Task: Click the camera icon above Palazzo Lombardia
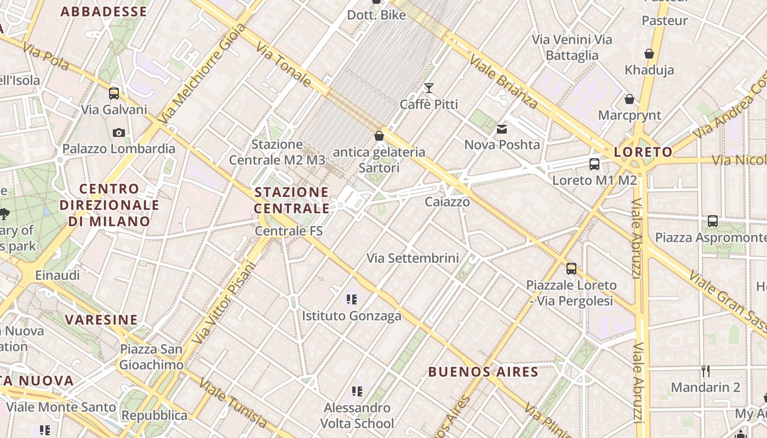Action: pyautogui.click(x=118, y=132)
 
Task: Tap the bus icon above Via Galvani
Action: pyautogui.click(x=114, y=93)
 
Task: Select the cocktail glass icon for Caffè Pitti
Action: pyautogui.click(x=429, y=88)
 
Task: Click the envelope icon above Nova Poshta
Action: pyautogui.click(x=502, y=129)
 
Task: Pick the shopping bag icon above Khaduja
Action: pyautogui.click(x=649, y=54)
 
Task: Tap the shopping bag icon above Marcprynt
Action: pyautogui.click(x=629, y=99)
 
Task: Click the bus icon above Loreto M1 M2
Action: pyautogui.click(x=594, y=164)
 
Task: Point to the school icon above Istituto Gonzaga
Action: pyautogui.click(x=352, y=299)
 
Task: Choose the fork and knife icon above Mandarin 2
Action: pyautogui.click(x=706, y=371)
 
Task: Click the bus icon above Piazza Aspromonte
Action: pyautogui.click(x=713, y=221)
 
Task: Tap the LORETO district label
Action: pyautogui.click(x=643, y=152)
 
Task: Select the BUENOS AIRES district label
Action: pyautogui.click(x=483, y=372)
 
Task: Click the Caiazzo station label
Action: pyautogui.click(x=448, y=202)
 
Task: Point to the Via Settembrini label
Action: pyautogui.click(x=413, y=258)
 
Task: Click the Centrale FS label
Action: pyautogui.click(x=289, y=231)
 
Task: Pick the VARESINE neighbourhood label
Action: pyautogui.click(x=101, y=320)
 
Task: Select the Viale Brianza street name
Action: pyautogui.click(x=503, y=83)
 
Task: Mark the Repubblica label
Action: pyautogui.click(x=154, y=416)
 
